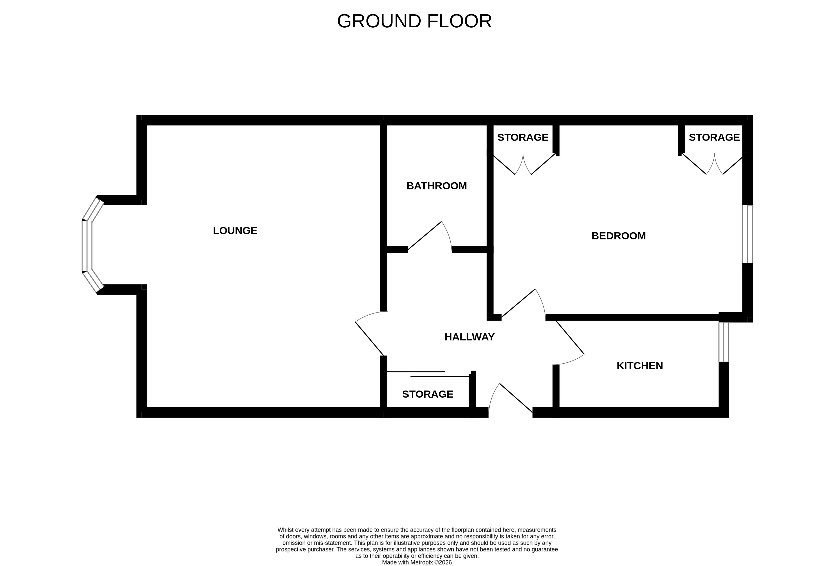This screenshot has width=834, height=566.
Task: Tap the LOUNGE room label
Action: (235, 231)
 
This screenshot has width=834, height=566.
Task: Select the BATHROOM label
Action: (436, 186)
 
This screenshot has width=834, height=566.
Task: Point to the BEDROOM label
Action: (618, 236)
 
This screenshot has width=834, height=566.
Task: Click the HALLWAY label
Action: (469, 337)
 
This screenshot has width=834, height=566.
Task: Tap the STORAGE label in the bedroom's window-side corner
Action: (714, 137)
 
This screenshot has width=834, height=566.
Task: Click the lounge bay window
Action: (87, 245)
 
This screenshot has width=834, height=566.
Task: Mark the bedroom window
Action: (747, 234)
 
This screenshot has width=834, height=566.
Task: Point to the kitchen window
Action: (723, 342)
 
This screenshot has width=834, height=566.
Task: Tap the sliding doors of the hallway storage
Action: (428, 374)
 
